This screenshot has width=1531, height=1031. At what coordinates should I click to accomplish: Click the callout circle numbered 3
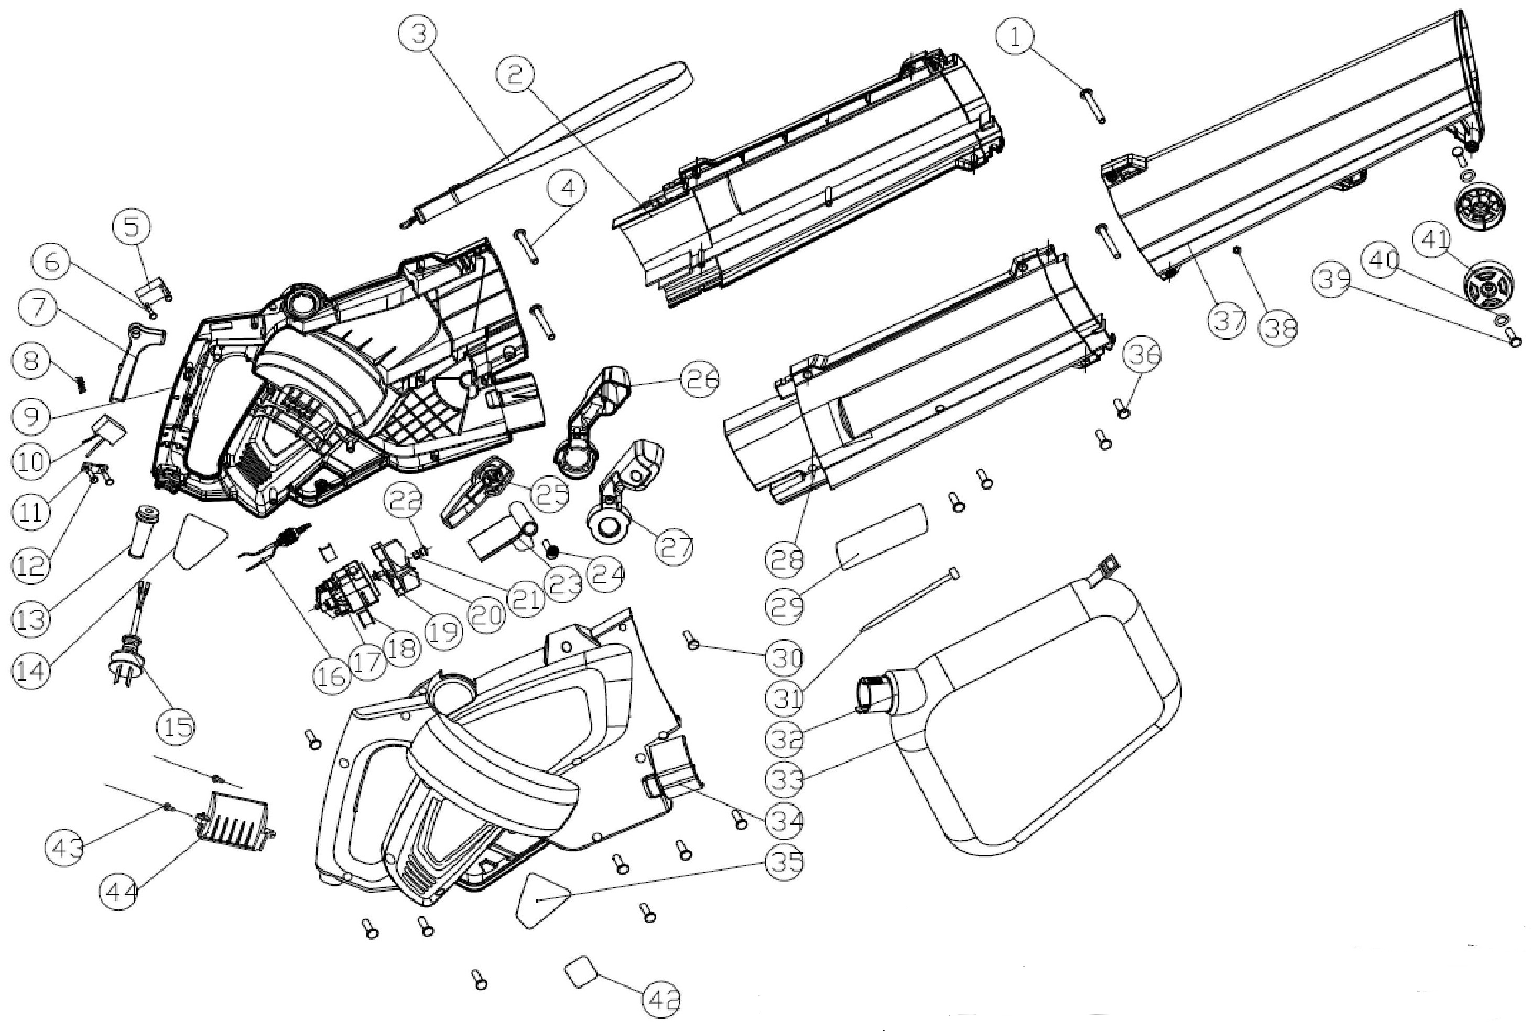[419, 34]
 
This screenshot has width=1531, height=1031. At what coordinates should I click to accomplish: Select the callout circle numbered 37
[1228, 321]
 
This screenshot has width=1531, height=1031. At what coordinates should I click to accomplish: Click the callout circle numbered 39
[1332, 279]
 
